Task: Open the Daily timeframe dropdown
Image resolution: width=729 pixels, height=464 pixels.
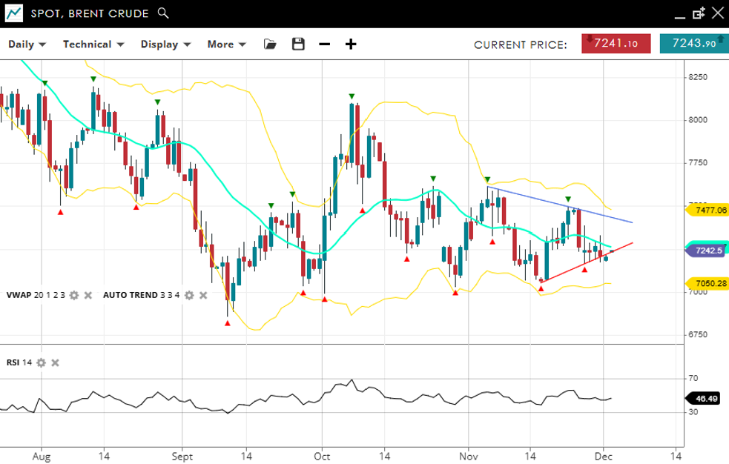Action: coord(27,44)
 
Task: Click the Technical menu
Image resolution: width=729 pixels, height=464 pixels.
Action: coord(93,44)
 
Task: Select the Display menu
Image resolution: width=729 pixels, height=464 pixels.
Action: coord(165,44)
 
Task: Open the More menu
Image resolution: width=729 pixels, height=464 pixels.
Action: coord(226,44)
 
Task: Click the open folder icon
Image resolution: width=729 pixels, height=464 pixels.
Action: coord(270,44)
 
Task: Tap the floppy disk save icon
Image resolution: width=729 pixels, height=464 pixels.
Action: coord(298,44)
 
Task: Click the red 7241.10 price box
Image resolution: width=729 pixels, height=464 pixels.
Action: coord(616,44)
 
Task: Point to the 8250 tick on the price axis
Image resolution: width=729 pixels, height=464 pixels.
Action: coord(697,77)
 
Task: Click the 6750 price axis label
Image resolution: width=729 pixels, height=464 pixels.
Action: coord(697,334)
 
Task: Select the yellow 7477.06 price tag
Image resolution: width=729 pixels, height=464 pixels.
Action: coord(710,211)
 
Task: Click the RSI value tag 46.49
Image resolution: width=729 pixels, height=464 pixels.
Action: coord(708,399)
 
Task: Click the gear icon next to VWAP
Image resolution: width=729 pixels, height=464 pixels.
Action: coord(74,295)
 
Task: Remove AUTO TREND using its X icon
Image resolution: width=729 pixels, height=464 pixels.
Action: coord(202,295)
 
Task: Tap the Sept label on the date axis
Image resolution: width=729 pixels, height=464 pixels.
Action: coord(182,457)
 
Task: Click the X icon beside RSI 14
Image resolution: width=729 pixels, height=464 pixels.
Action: coord(55,362)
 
